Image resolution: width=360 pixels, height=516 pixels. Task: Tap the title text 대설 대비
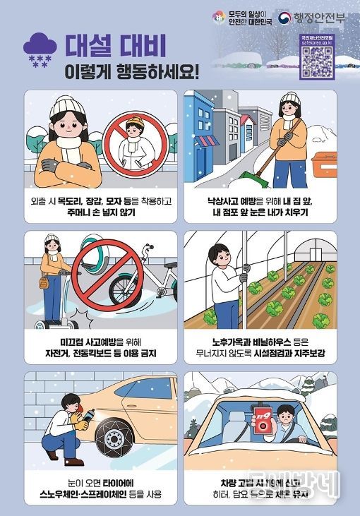point(116,45)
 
